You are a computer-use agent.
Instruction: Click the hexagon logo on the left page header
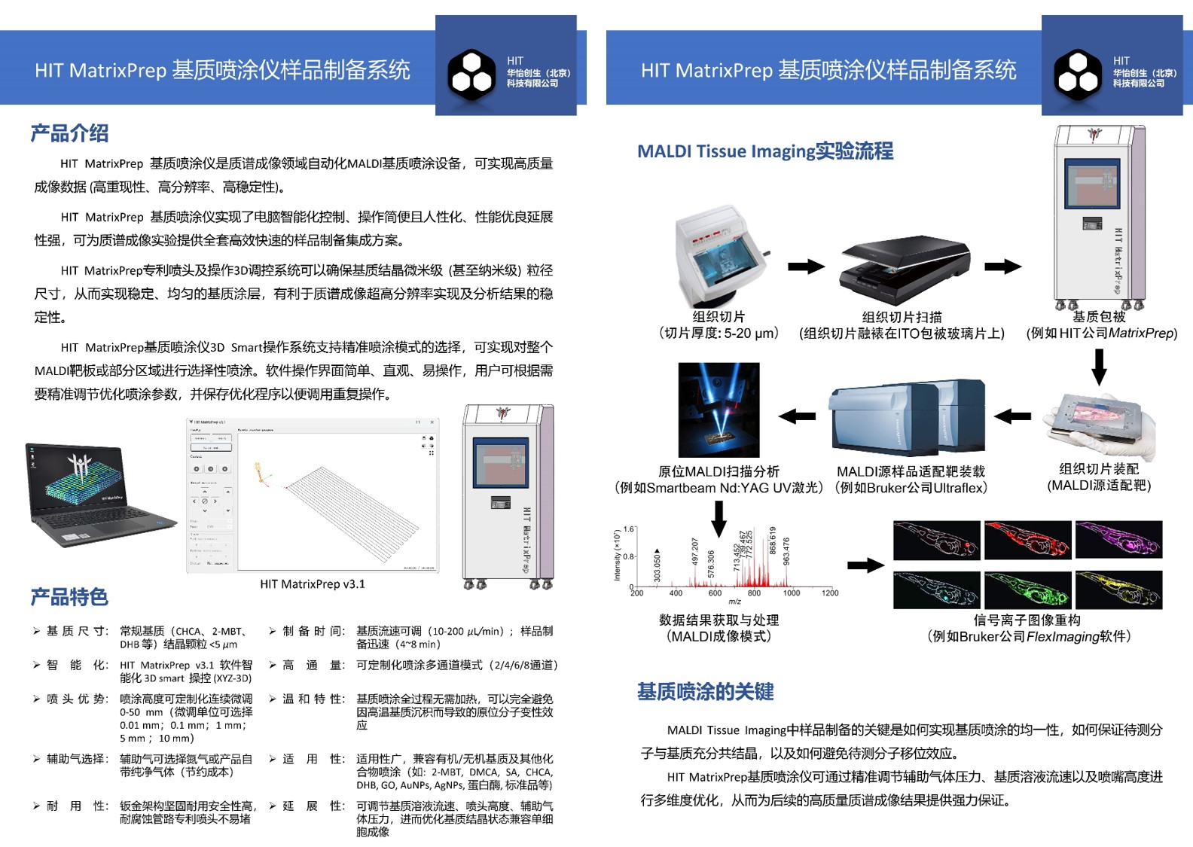[471, 74]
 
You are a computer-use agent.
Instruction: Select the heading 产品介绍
[69, 133]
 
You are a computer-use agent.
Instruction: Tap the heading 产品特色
[69, 597]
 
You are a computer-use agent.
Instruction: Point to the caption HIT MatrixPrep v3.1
[313, 583]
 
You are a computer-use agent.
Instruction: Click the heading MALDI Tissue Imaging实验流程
[765, 151]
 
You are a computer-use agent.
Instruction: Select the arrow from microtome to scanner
[806, 267]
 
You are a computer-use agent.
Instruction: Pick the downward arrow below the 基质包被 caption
[1100, 367]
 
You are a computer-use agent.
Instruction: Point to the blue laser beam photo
[719, 410]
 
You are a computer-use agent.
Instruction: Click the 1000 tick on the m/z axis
[792, 593]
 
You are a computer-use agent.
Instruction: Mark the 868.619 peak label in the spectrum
[772, 540]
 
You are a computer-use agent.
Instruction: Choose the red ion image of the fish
[1027, 539]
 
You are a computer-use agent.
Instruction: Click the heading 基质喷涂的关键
[705, 691]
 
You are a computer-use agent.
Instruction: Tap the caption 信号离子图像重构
[1027, 620]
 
